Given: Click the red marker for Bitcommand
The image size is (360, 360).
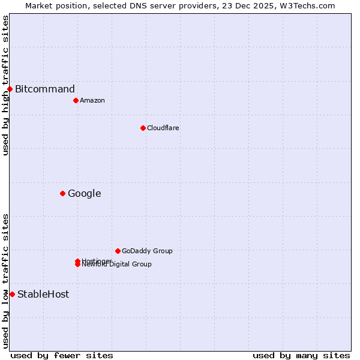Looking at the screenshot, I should (x=10, y=89).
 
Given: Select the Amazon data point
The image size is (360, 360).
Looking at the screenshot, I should (x=76, y=100).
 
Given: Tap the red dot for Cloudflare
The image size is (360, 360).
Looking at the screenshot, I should (x=143, y=128).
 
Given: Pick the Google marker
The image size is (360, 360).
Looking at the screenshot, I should (x=62, y=193).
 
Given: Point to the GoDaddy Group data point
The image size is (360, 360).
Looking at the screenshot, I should (x=118, y=251).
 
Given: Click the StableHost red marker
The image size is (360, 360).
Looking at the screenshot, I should (x=12, y=294).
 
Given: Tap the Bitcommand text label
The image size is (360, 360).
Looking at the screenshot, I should (x=45, y=89).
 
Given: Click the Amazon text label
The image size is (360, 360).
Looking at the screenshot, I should (x=92, y=100).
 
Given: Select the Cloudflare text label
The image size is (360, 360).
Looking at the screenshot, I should (x=163, y=128).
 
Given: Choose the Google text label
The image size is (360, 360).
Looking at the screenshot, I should (x=84, y=193).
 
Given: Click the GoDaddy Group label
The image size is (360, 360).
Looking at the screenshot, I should (x=146, y=251).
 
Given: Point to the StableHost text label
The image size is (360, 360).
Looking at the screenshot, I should (x=43, y=294).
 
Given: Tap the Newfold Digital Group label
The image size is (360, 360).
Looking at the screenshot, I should (x=116, y=265).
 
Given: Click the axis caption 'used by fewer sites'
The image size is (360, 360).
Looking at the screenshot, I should (x=62, y=355).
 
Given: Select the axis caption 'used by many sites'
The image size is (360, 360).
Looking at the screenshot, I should (x=301, y=355).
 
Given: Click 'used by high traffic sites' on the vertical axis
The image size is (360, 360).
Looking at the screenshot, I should (x=5, y=85).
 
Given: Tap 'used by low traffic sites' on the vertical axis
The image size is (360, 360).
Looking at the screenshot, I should (x=5, y=281).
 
